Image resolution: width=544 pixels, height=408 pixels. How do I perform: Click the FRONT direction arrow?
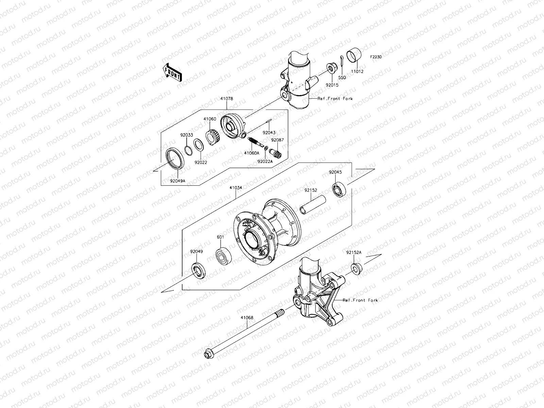click(x=172, y=72)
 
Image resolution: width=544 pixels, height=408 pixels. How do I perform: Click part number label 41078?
click(x=226, y=99)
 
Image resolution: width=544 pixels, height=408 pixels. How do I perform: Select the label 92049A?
click(x=177, y=181)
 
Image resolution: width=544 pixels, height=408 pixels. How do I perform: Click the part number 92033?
click(x=186, y=134)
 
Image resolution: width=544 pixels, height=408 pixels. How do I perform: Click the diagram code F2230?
click(x=376, y=57)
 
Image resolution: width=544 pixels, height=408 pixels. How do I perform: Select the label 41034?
click(x=236, y=187)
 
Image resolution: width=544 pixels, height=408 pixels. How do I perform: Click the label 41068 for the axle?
click(x=247, y=318)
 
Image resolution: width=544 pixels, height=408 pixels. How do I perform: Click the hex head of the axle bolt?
click(x=207, y=355)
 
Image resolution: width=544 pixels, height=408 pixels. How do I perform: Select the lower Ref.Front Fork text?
click(x=360, y=300)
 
